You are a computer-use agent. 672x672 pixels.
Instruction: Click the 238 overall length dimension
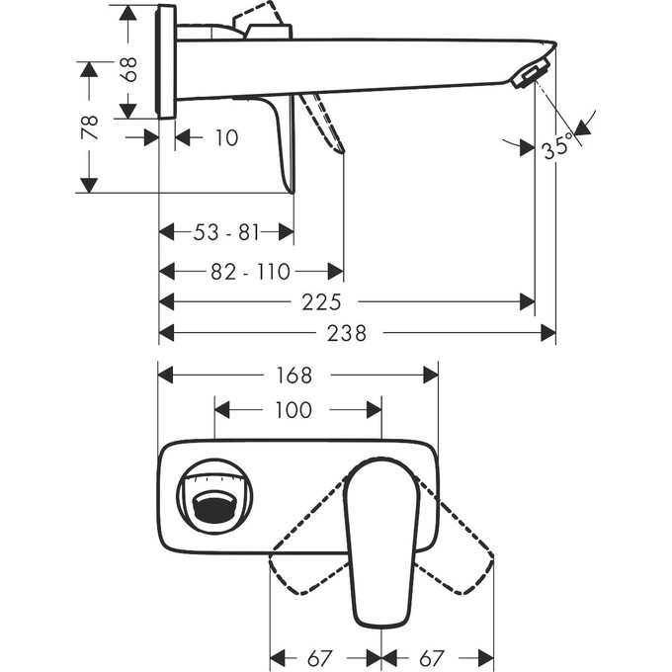click(347, 334)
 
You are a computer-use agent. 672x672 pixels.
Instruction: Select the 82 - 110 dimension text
click(251, 271)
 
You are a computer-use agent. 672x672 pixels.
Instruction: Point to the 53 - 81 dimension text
click(226, 232)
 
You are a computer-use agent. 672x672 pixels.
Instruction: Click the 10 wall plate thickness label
click(225, 138)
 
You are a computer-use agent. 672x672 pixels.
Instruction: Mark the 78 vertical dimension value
click(89, 127)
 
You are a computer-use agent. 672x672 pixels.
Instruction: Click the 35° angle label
click(556, 149)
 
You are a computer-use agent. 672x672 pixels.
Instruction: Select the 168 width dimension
click(294, 376)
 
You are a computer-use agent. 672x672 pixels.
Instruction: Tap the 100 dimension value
click(294, 409)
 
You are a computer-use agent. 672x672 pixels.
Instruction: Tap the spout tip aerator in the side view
click(530, 75)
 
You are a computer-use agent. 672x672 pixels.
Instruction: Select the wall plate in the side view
click(166, 61)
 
